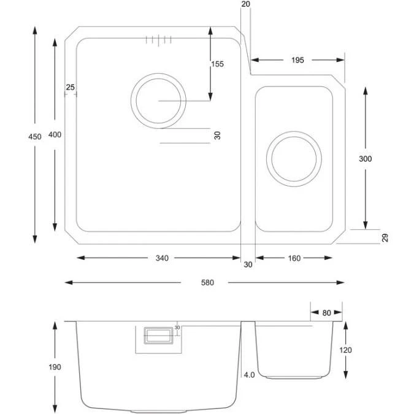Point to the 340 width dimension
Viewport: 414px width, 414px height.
click(161, 258)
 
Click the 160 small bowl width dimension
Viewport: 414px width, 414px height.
click(294, 258)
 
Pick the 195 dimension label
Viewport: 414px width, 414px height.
click(297, 60)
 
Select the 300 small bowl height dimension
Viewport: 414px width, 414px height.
click(366, 158)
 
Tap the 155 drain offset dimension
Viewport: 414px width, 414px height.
click(217, 64)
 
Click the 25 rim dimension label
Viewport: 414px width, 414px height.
click(69, 88)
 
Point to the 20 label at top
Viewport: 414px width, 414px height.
click(246, 4)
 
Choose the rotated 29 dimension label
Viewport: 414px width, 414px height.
click(385, 238)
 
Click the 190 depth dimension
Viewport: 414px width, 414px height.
click(55, 367)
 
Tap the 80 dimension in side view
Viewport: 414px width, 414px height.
click(326, 313)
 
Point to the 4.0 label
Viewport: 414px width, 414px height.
click(248, 374)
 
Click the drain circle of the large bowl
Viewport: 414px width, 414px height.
click(158, 100)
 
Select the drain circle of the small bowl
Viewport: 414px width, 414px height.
click(293, 156)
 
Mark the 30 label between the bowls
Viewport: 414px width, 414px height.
click(248, 265)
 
